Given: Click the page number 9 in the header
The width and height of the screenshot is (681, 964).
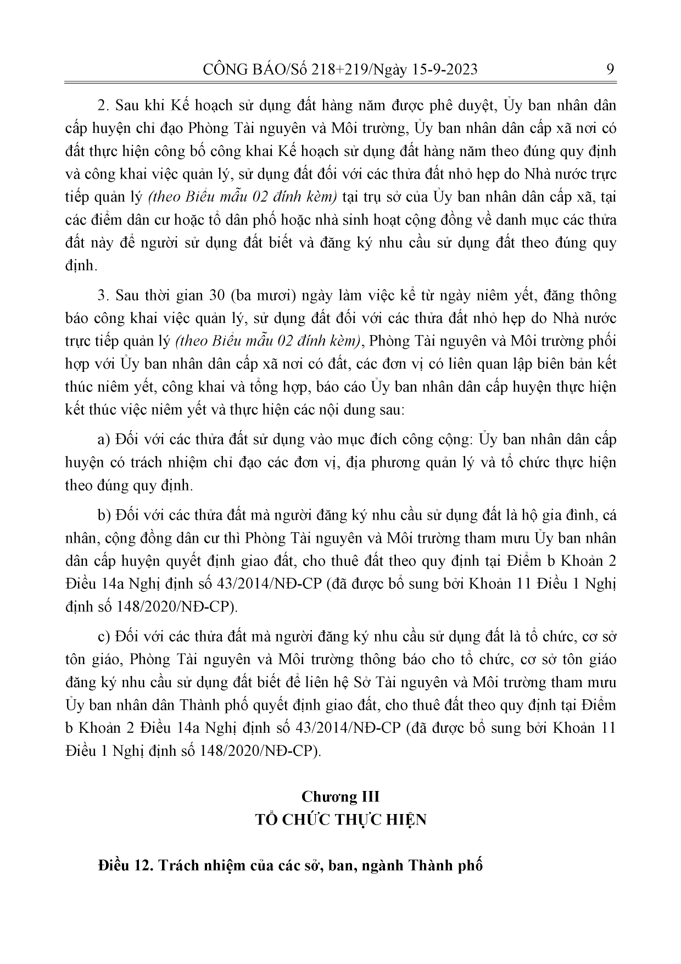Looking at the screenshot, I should (x=610, y=70).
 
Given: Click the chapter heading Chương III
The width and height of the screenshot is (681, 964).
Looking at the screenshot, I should (x=340, y=797).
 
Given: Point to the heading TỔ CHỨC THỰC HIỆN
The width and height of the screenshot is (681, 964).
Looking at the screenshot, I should (x=340, y=820).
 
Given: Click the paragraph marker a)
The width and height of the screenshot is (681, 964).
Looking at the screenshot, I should (x=104, y=440).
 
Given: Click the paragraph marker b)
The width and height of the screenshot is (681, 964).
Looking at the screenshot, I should (x=104, y=516).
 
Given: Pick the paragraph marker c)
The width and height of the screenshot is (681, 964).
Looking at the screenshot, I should (x=104, y=637).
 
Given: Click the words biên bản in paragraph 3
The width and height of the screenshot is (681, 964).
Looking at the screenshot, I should (x=551, y=364).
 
